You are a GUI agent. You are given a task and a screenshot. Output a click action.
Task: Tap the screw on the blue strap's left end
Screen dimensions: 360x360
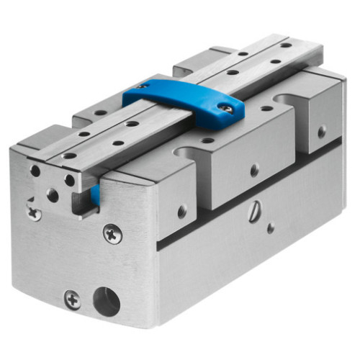tap(143, 86)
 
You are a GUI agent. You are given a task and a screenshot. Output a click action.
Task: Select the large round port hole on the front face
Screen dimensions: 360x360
tap(107, 302)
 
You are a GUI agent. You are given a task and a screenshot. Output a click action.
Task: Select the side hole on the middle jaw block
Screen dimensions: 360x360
tap(253, 171)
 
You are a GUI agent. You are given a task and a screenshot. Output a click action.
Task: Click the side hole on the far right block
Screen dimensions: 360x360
tap(322, 131)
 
